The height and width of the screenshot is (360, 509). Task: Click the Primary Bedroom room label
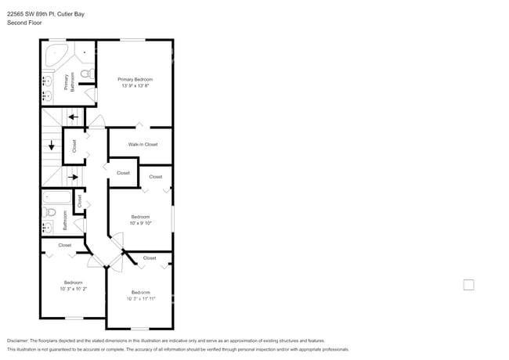click(x=135, y=79)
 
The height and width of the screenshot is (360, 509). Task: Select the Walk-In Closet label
click(x=143, y=144)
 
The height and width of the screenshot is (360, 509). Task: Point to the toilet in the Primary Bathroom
click(x=88, y=74)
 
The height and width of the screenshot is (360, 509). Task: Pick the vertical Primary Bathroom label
click(x=70, y=83)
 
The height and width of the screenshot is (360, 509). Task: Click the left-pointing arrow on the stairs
click(x=73, y=117)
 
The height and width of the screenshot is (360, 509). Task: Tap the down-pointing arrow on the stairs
click(x=52, y=146)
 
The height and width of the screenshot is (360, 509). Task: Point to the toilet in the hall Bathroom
click(x=51, y=212)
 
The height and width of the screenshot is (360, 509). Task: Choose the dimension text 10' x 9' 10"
click(x=141, y=222)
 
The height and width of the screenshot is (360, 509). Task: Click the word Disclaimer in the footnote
click(x=17, y=340)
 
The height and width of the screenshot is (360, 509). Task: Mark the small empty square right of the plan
click(x=468, y=285)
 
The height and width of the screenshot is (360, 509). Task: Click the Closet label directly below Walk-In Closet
click(x=123, y=173)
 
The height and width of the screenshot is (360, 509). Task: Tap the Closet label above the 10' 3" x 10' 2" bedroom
click(x=64, y=245)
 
